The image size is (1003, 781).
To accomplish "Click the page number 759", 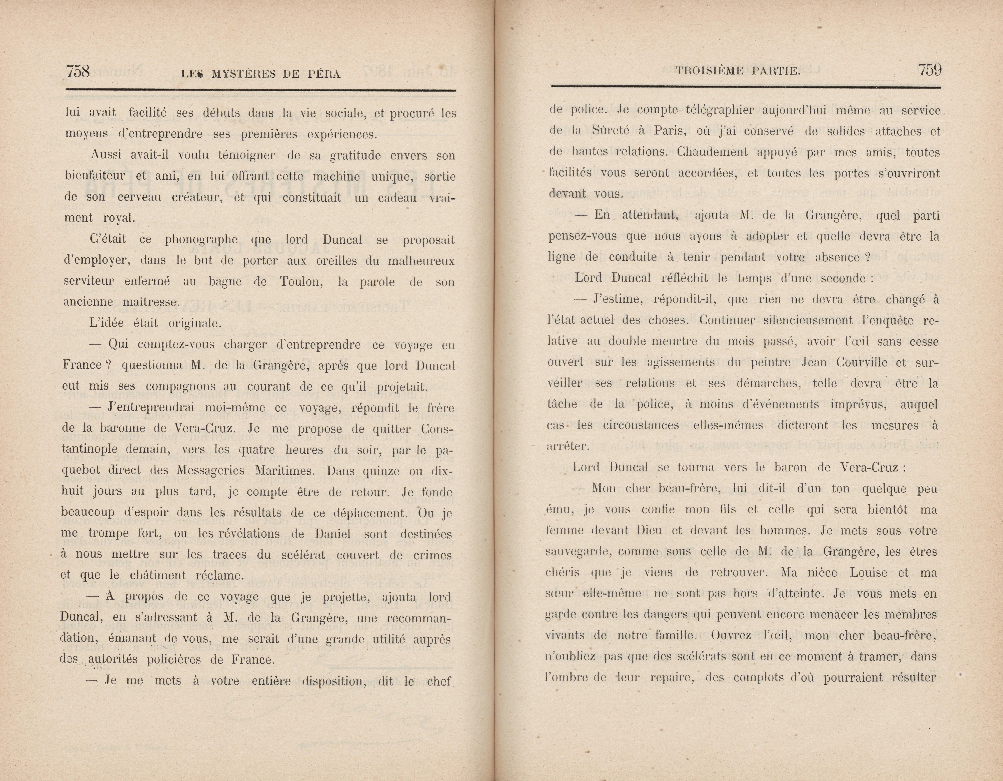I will point(930,70).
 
